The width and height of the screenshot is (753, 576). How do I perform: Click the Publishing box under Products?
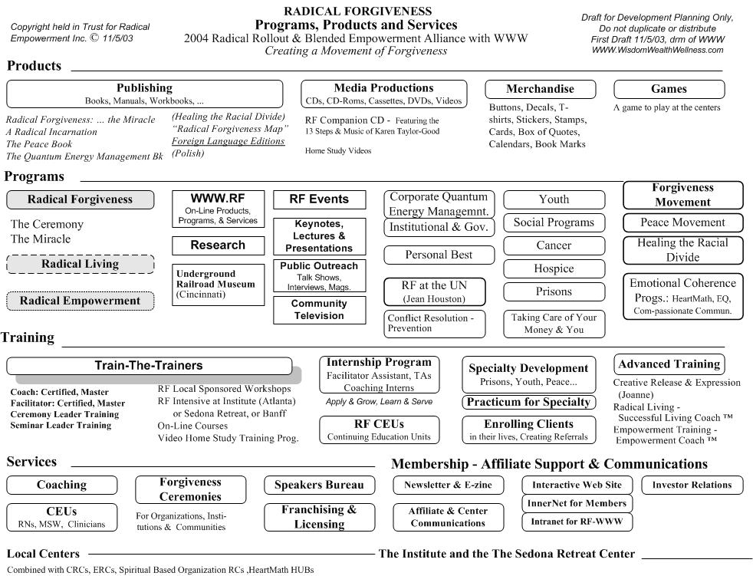[145, 94]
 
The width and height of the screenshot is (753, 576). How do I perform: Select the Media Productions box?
[383, 94]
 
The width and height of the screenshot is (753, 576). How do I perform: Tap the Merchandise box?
[541, 90]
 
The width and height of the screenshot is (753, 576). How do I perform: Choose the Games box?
[669, 90]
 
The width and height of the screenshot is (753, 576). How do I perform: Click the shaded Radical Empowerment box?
[81, 301]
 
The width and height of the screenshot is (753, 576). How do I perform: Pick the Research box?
[218, 245]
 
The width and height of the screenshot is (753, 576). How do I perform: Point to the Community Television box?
[319, 310]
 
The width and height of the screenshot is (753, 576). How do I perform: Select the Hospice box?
[554, 268]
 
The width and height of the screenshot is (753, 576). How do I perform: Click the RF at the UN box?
[434, 291]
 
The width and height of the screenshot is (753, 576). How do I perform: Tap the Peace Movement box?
[683, 222]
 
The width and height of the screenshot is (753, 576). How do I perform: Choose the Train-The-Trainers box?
[149, 366]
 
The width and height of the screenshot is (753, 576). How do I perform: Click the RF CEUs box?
[379, 430]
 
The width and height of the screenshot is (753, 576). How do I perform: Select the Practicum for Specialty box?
[529, 402]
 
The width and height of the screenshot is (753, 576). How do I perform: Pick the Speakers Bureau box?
[319, 485]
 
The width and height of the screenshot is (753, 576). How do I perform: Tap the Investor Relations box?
[692, 485]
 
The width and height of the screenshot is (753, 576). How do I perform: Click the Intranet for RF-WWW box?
[577, 522]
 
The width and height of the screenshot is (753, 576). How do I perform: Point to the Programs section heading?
[34, 176]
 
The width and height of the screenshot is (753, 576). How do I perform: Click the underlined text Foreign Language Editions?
[228, 141]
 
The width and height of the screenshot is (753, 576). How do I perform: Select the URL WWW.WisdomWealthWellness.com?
[657, 50]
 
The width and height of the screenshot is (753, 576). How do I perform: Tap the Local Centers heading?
[43, 554]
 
